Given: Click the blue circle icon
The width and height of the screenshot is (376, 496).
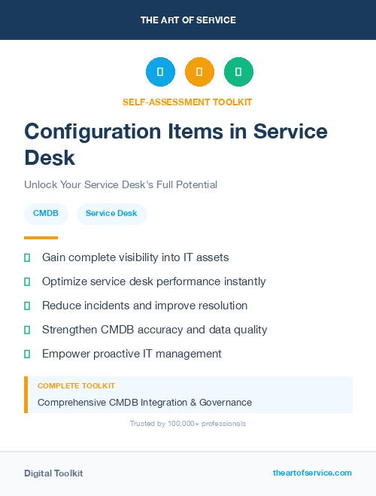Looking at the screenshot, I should [160, 72].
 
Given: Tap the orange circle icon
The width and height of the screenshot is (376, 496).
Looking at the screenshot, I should [199, 72].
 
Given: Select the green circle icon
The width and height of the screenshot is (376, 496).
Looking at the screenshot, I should [238, 72].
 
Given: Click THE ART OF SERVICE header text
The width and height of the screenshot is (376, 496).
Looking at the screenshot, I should [188, 20].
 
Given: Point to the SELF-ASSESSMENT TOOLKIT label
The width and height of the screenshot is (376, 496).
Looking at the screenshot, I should [187, 102].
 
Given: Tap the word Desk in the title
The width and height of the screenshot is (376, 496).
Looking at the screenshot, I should [50, 157].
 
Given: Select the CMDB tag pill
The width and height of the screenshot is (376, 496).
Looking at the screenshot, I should [46, 214].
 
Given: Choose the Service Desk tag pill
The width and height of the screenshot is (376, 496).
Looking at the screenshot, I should [111, 214].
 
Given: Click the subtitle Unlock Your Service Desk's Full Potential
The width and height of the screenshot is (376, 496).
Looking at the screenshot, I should [120, 184].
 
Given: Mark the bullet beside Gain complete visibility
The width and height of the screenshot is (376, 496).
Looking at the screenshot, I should [27, 257].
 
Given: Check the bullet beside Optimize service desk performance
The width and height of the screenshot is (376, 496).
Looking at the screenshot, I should [27, 281].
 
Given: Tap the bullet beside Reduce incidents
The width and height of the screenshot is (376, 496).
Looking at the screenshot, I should [27, 306].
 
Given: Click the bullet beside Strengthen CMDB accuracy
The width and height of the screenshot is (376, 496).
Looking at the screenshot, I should [27, 330].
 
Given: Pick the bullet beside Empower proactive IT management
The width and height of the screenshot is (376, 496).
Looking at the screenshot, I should [27, 354].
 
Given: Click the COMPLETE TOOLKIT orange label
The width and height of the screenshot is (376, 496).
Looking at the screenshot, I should [76, 385].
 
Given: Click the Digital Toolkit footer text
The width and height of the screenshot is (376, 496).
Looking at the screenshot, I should [53, 473].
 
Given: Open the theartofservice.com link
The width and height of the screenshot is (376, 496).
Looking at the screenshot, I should [312, 473].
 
